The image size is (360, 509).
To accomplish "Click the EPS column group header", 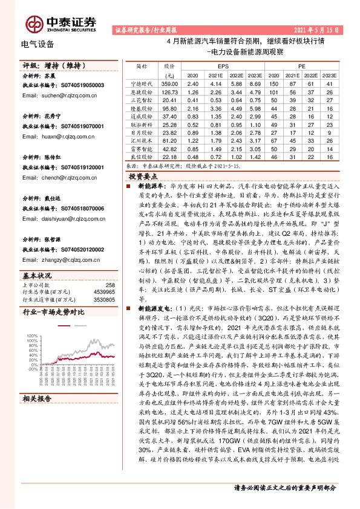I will tap(223, 65).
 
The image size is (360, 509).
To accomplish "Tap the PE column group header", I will tap(301, 65).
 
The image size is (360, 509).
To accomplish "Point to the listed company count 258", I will tap(110, 285).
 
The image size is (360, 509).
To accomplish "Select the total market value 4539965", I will tap(103, 292).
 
